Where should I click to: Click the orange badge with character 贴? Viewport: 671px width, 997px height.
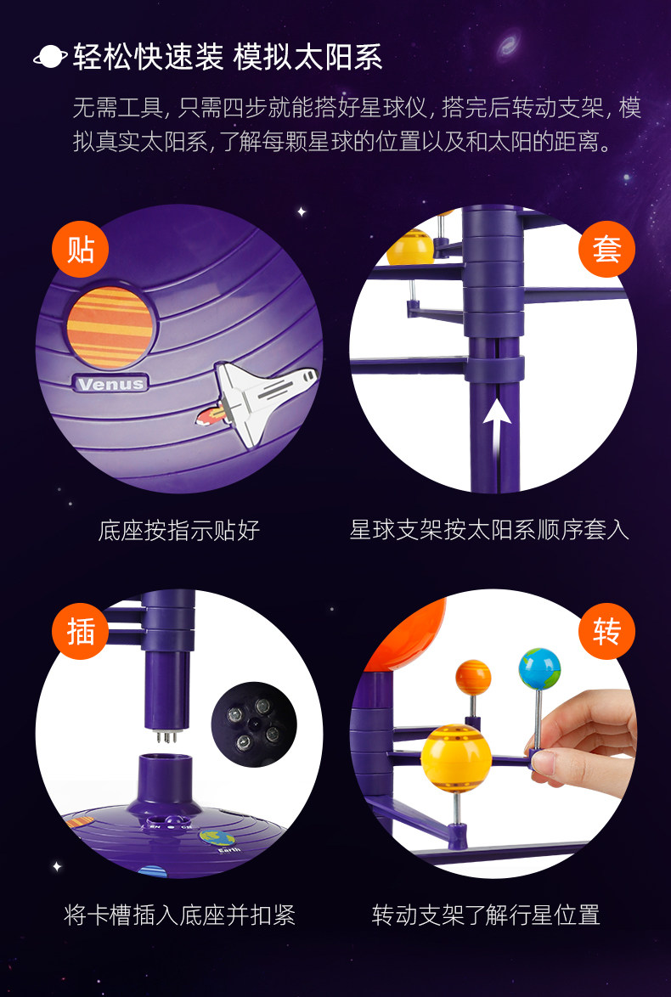[80, 250]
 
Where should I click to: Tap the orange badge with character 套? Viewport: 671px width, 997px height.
[606, 250]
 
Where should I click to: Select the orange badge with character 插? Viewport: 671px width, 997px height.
[80, 632]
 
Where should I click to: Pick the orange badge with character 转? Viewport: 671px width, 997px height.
[606, 632]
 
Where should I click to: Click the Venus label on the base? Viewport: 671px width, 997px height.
[111, 383]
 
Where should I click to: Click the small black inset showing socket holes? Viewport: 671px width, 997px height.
[253, 724]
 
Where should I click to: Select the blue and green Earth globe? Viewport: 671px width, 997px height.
[539, 668]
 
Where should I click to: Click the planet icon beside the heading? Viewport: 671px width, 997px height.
[50, 57]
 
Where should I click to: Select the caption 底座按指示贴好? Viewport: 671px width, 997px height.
[178, 531]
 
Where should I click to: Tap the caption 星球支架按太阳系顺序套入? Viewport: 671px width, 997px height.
[489, 530]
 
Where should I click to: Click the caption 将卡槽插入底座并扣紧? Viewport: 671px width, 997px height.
[179, 915]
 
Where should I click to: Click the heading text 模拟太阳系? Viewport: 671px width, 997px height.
[308, 57]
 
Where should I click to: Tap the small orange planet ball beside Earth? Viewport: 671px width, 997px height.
[473, 677]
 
